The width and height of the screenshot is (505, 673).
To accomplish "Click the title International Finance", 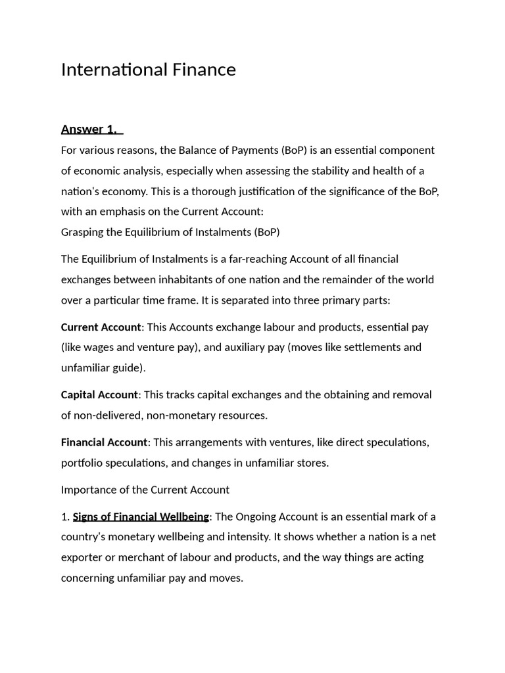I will [x=148, y=70].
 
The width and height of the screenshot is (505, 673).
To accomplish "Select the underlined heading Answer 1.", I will [x=91, y=129].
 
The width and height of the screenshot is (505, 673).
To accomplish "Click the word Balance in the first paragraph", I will [x=198, y=150].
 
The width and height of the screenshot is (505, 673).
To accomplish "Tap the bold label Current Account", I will [x=101, y=327].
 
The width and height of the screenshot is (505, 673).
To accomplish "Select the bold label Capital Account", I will [x=99, y=394].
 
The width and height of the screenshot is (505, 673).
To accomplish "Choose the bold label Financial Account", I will [x=104, y=442].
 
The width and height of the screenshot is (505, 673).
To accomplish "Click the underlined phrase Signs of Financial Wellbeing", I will [x=141, y=517].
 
